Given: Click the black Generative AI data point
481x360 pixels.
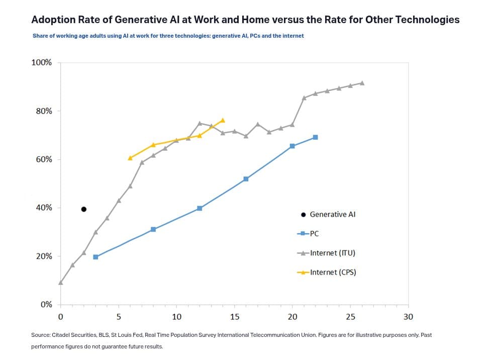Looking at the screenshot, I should click(84, 209).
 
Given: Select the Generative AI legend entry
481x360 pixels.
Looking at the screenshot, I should click(332, 214).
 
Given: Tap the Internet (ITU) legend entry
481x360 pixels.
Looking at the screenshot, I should click(332, 253).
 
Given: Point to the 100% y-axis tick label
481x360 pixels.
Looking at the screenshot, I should click(42, 63).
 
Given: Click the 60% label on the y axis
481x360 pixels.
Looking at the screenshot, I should click(43, 159).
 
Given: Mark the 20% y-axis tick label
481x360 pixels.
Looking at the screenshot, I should click(43, 256).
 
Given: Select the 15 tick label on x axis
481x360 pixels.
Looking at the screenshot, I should click(234, 317).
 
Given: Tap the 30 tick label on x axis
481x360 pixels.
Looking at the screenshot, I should click(408, 317).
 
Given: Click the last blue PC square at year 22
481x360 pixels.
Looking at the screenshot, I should click(315, 137).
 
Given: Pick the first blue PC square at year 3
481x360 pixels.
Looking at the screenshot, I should click(95, 257).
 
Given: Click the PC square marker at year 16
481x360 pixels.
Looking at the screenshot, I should click(246, 179).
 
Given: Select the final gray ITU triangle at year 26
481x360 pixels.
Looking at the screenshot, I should click(362, 83).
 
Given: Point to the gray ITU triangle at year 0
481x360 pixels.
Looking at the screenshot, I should click(61, 283).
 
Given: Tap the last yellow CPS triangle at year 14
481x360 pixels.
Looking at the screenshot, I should click(223, 121).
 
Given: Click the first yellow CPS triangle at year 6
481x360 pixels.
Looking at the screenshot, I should click(130, 158).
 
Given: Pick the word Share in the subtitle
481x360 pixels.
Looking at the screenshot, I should click(40, 36).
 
